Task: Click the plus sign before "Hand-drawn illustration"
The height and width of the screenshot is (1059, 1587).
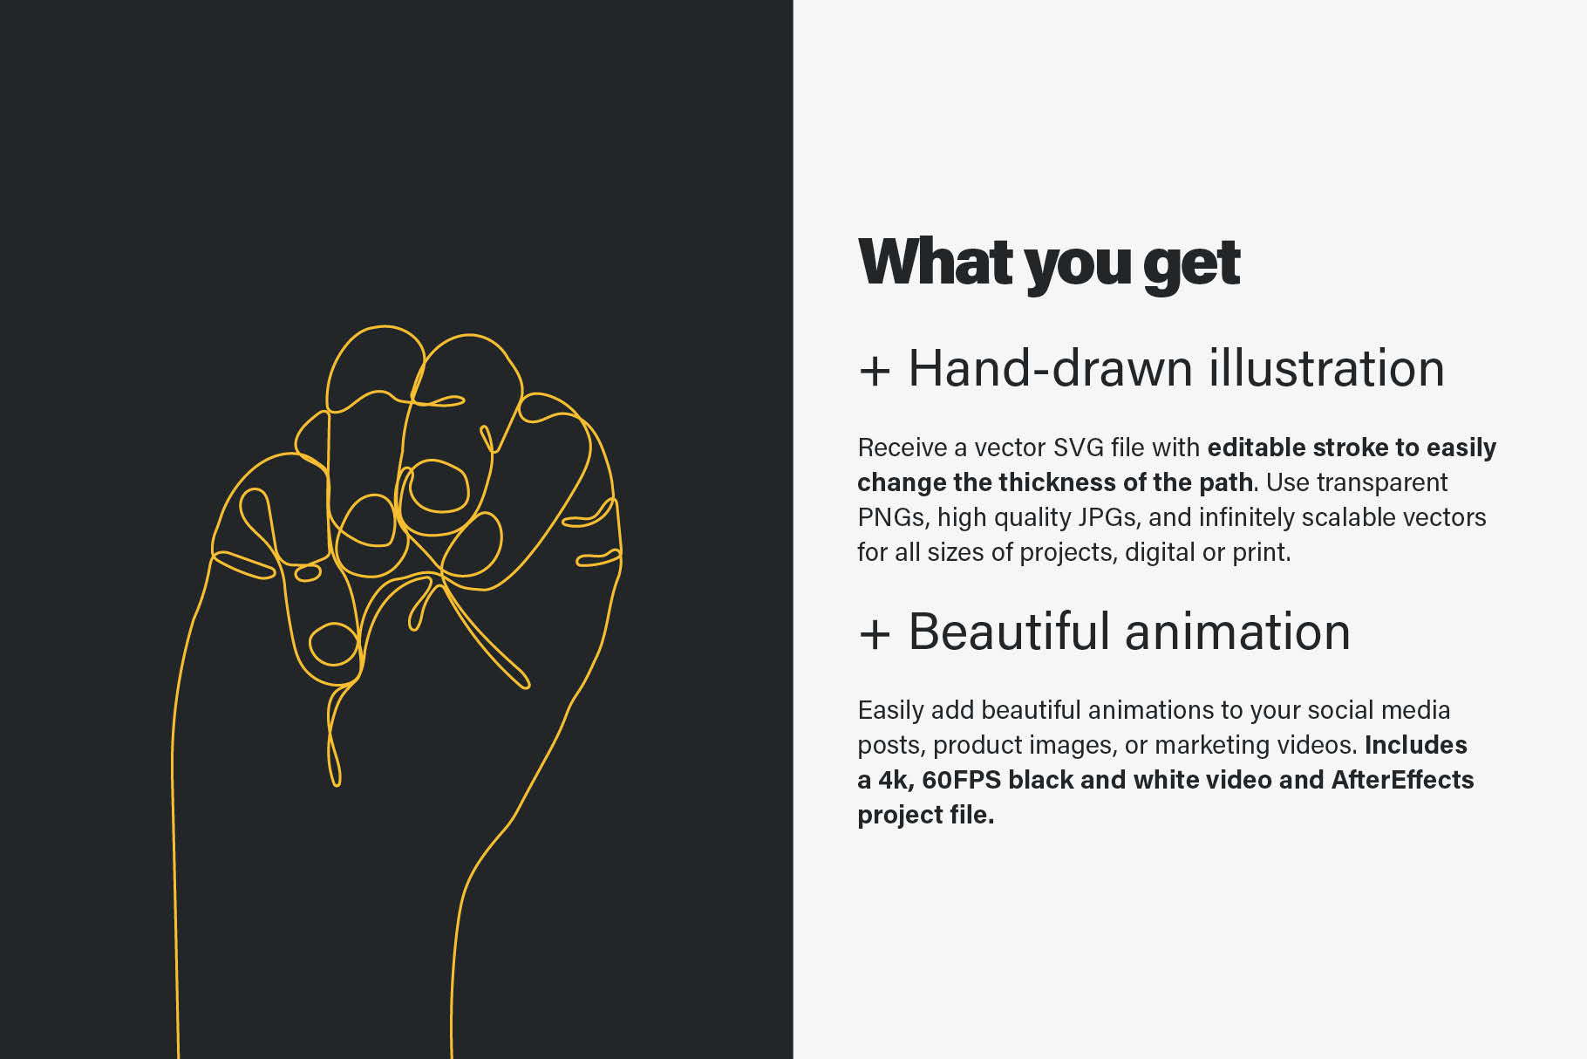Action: pos(874,371)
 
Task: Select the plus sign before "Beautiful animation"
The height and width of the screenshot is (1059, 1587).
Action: pos(874,633)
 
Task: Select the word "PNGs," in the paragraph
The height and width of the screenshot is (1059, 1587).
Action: pos(894,517)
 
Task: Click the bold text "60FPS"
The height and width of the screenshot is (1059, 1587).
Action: pos(961,780)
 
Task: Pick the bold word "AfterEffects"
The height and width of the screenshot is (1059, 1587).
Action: pos(1402,780)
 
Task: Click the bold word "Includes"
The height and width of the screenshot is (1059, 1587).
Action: pos(1415,745)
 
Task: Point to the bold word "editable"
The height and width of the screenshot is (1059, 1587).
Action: pos(1256,448)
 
